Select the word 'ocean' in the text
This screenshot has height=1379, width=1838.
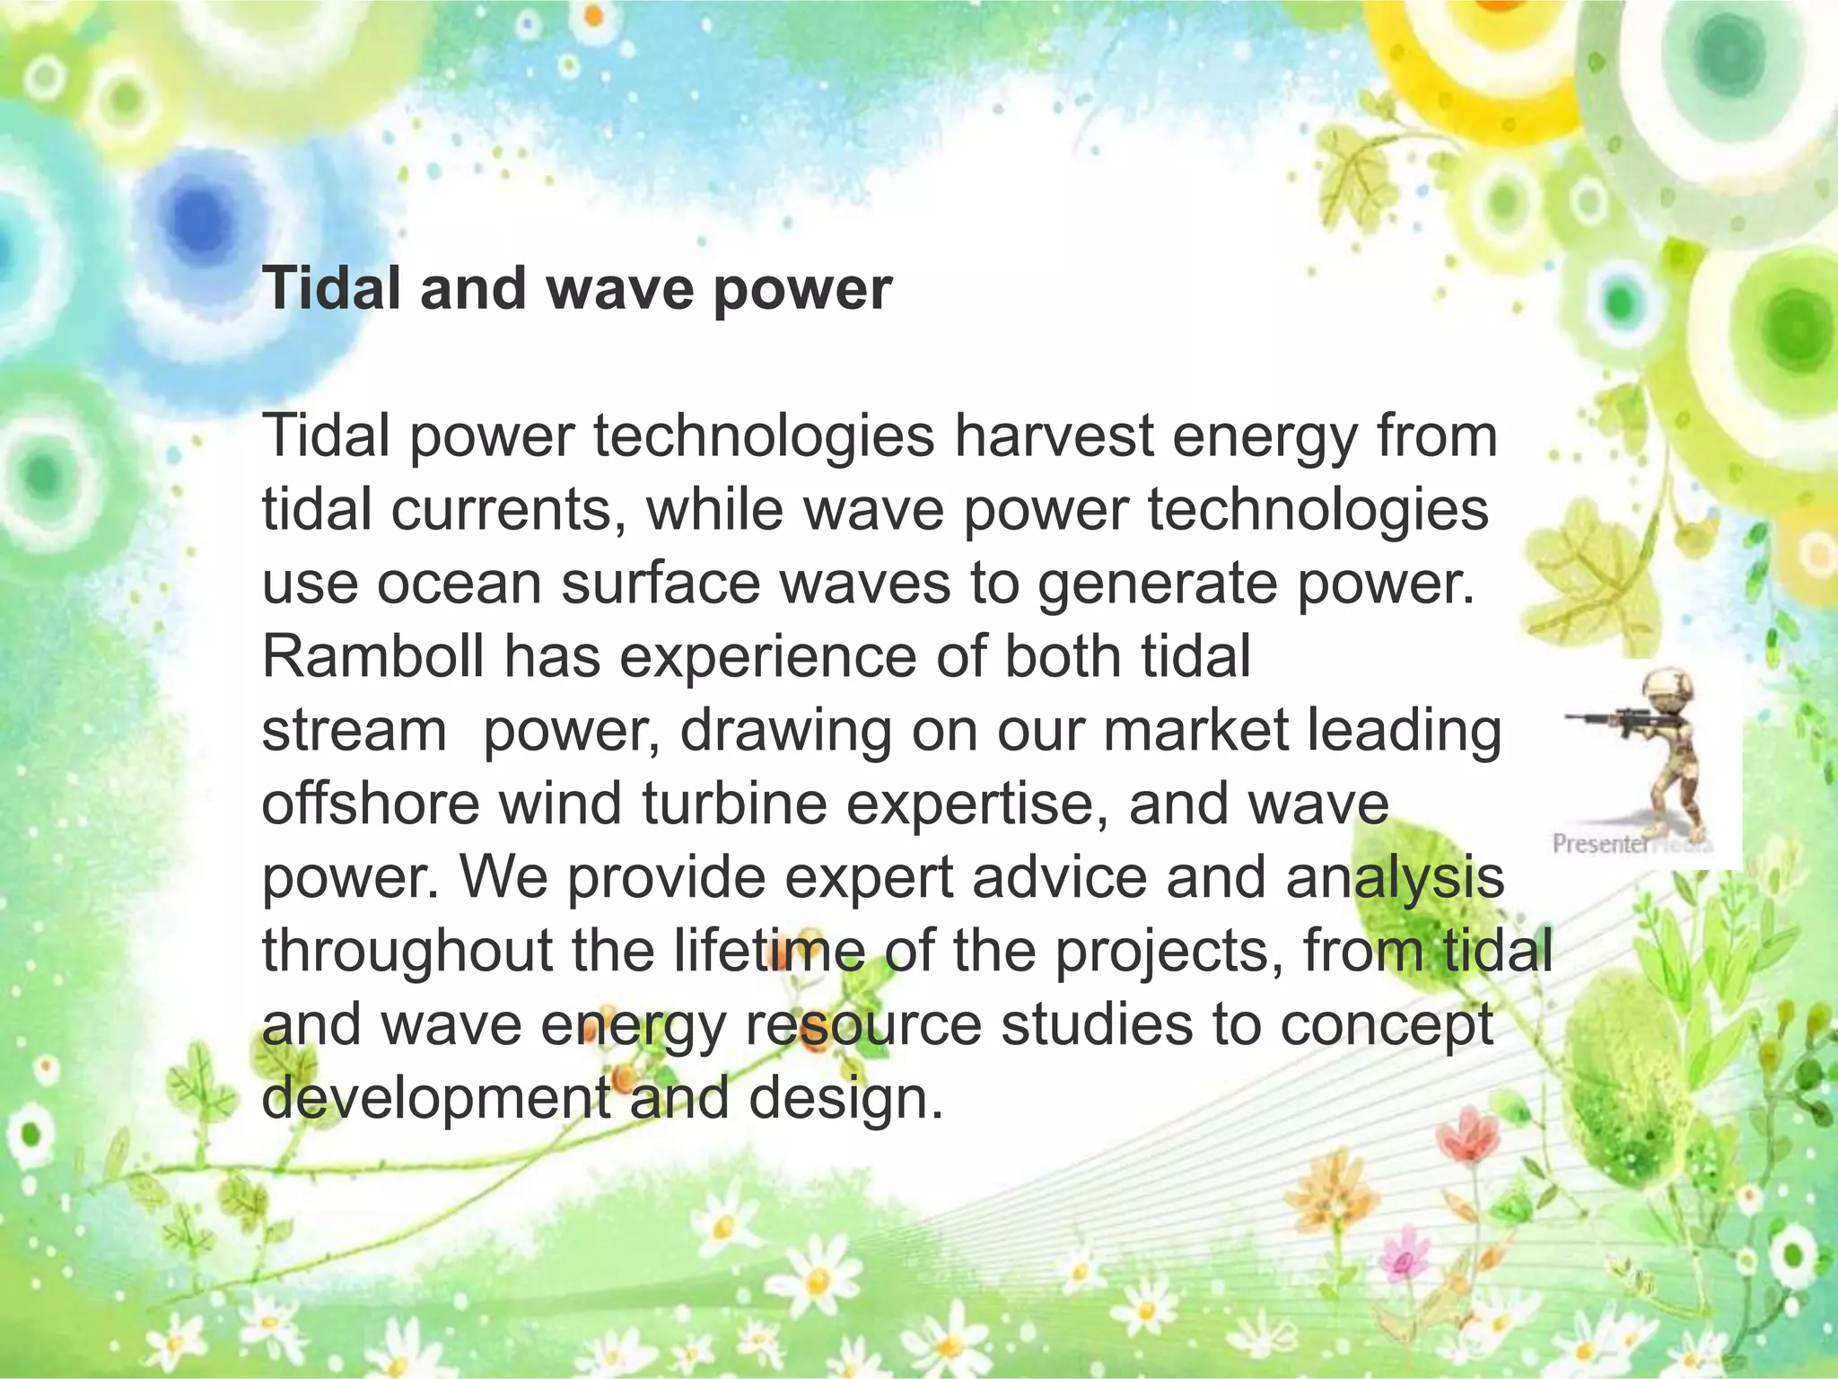(459, 584)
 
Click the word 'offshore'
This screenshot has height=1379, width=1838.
(371, 804)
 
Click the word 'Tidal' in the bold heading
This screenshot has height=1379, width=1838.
(332, 289)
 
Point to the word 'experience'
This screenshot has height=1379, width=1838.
(768, 657)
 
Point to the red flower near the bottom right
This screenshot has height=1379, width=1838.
(1466, 1136)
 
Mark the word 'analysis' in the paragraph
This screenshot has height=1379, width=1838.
(1395, 877)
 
